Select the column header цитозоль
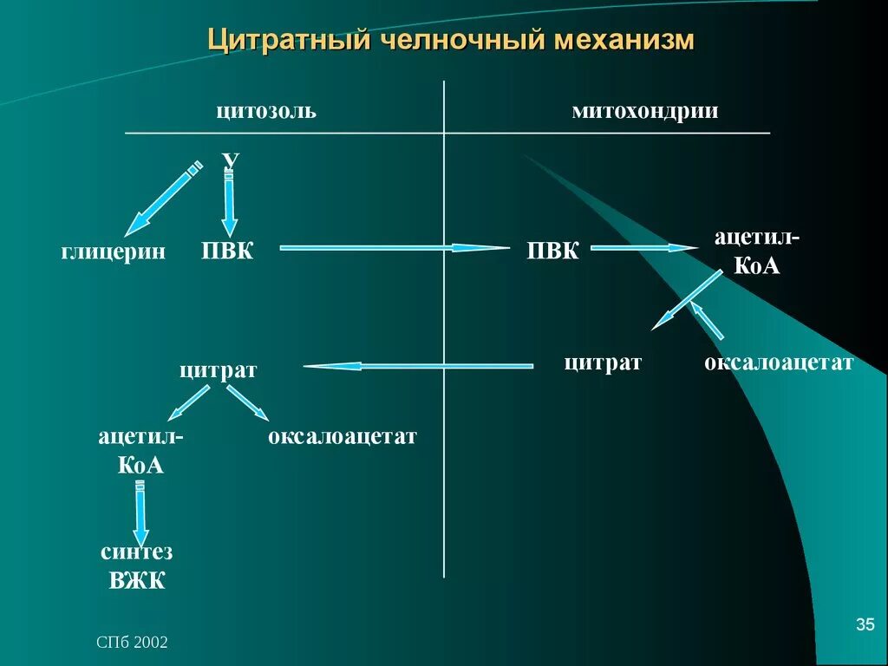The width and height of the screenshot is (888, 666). pos(266,112)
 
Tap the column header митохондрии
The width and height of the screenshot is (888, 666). pos(644,112)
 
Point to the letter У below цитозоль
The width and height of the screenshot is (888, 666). pos(230,160)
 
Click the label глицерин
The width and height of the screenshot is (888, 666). pos(113,251)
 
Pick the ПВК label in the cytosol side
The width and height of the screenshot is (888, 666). pos(227,251)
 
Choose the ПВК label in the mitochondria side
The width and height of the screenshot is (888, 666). pos(553,251)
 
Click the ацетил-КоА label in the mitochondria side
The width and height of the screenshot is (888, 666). pos(757,251)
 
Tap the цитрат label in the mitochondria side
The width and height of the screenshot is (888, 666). pos(603,362)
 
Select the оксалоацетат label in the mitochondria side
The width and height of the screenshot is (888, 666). pos(779,362)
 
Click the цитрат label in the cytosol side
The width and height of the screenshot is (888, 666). pos(219,370)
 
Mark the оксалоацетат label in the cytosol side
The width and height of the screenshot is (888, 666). pos(343,436)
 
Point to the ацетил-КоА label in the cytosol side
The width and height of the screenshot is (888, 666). pos(140,450)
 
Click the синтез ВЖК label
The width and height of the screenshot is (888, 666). pos(137,566)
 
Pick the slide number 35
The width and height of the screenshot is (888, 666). pos(865,624)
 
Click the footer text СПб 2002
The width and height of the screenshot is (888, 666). pos(132,642)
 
